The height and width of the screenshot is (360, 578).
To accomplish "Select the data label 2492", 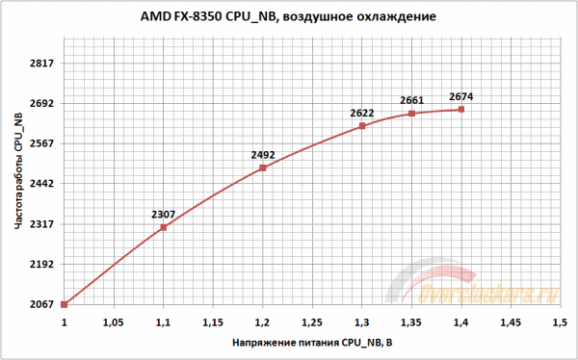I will [262, 153].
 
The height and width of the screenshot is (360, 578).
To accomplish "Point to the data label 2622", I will [361, 112].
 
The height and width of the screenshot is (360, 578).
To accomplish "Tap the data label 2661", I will [411, 100].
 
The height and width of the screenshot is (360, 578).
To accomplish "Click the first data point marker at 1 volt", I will [65, 304].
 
